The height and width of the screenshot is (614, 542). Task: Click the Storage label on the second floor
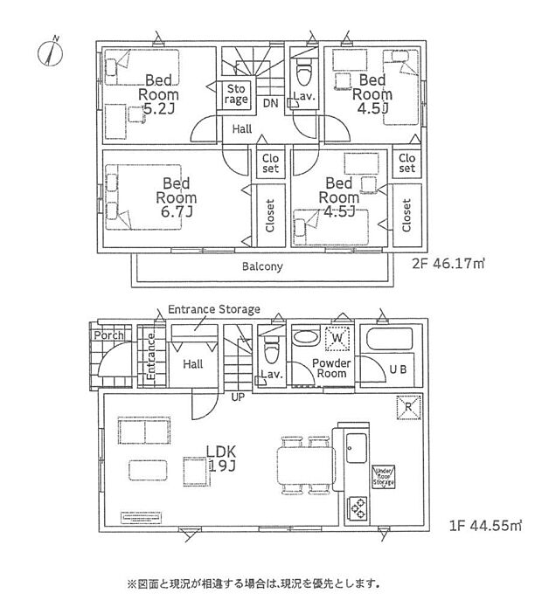(237, 94)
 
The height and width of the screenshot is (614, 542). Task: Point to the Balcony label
(262, 267)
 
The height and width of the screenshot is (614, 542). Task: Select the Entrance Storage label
(213, 310)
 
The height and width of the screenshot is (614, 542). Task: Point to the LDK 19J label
(224, 459)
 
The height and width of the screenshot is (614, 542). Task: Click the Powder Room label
(331, 368)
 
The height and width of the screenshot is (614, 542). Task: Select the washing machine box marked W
(337, 337)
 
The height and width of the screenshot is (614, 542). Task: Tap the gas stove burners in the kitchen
(358, 506)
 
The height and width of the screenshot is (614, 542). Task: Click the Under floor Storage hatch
(384, 476)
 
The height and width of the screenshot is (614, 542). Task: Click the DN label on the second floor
(271, 103)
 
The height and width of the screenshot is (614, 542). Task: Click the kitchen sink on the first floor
(358, 453)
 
